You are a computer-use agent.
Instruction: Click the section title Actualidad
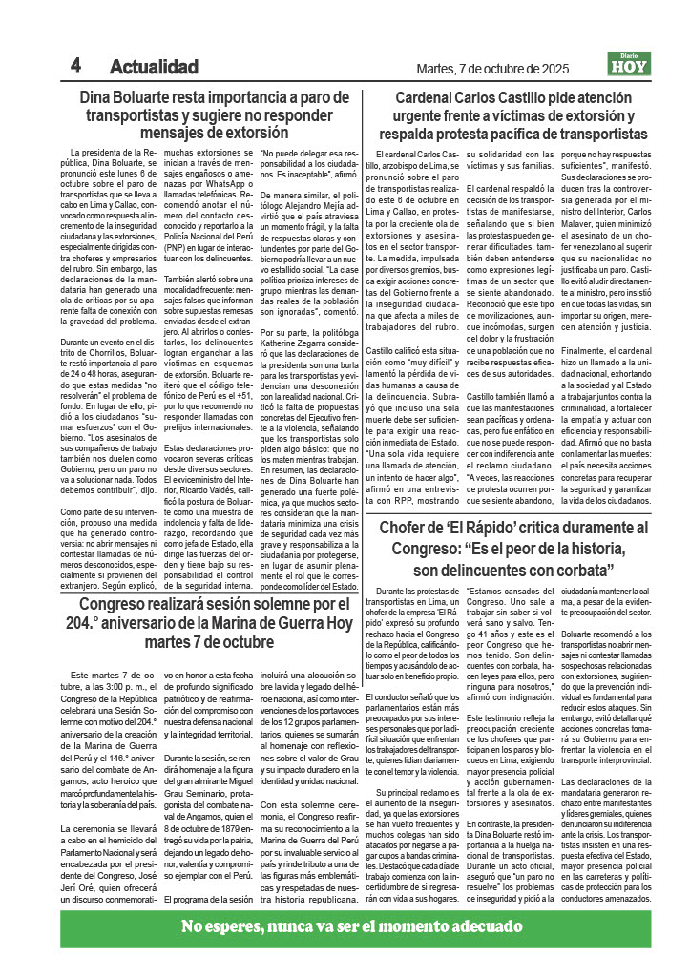(154, 68)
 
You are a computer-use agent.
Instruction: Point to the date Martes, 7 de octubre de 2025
(492, 69)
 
